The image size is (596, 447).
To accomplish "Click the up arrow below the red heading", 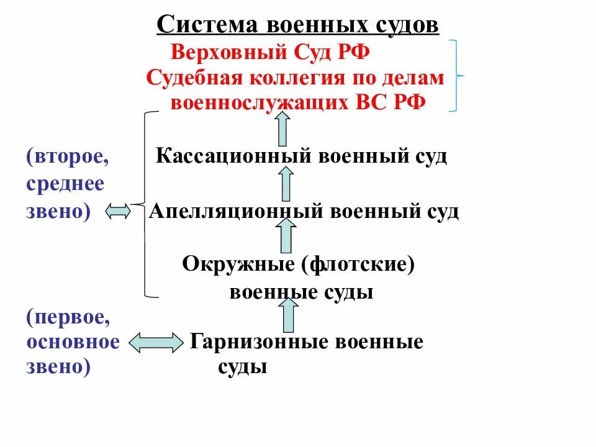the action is pyautogui.click(x=283, y=131).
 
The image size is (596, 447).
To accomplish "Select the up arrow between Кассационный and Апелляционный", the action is pyautogui.click(x=286, y=184).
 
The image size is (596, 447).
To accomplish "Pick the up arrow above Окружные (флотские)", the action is pyautogui.click(x=286, y=237).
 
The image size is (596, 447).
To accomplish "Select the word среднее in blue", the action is pyautogui.click(x=65, y=184).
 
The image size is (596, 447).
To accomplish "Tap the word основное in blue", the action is pyautogui.click(x=72, y=342).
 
